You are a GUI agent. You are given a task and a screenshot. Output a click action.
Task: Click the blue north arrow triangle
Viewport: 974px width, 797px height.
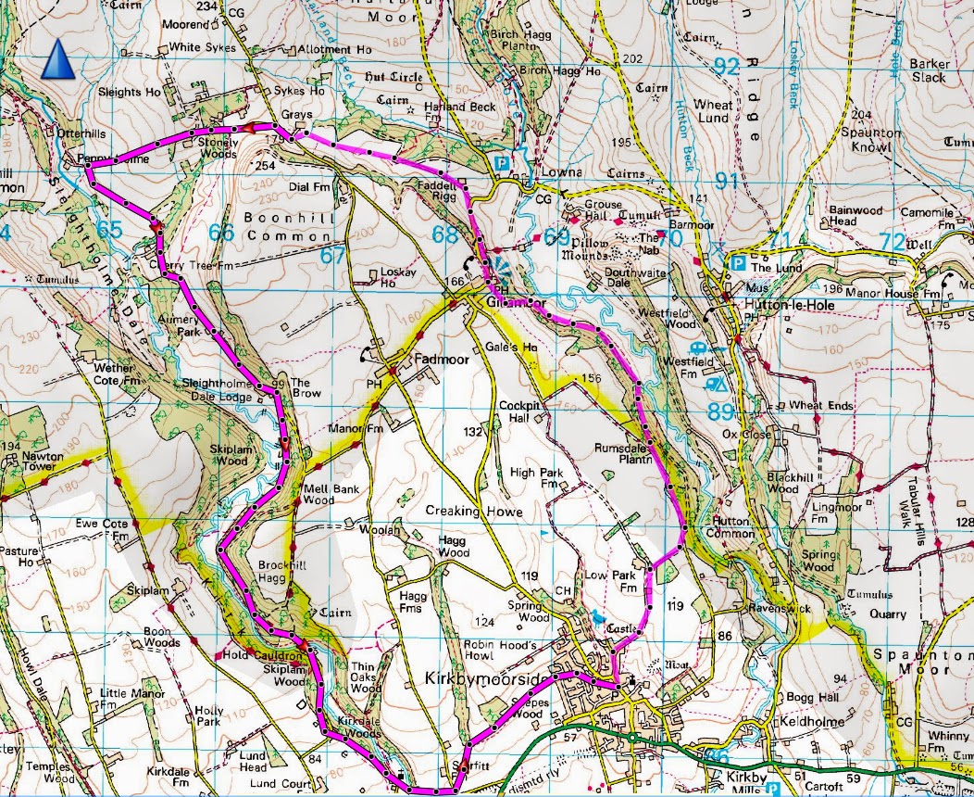58,62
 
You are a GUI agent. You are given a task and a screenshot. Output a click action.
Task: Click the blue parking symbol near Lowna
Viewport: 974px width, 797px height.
502,162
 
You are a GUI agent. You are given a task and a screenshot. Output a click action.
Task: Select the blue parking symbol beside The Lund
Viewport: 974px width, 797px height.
737,263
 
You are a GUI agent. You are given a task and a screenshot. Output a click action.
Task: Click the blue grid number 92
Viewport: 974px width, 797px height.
727,67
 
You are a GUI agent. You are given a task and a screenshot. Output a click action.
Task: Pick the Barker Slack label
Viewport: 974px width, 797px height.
928,70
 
